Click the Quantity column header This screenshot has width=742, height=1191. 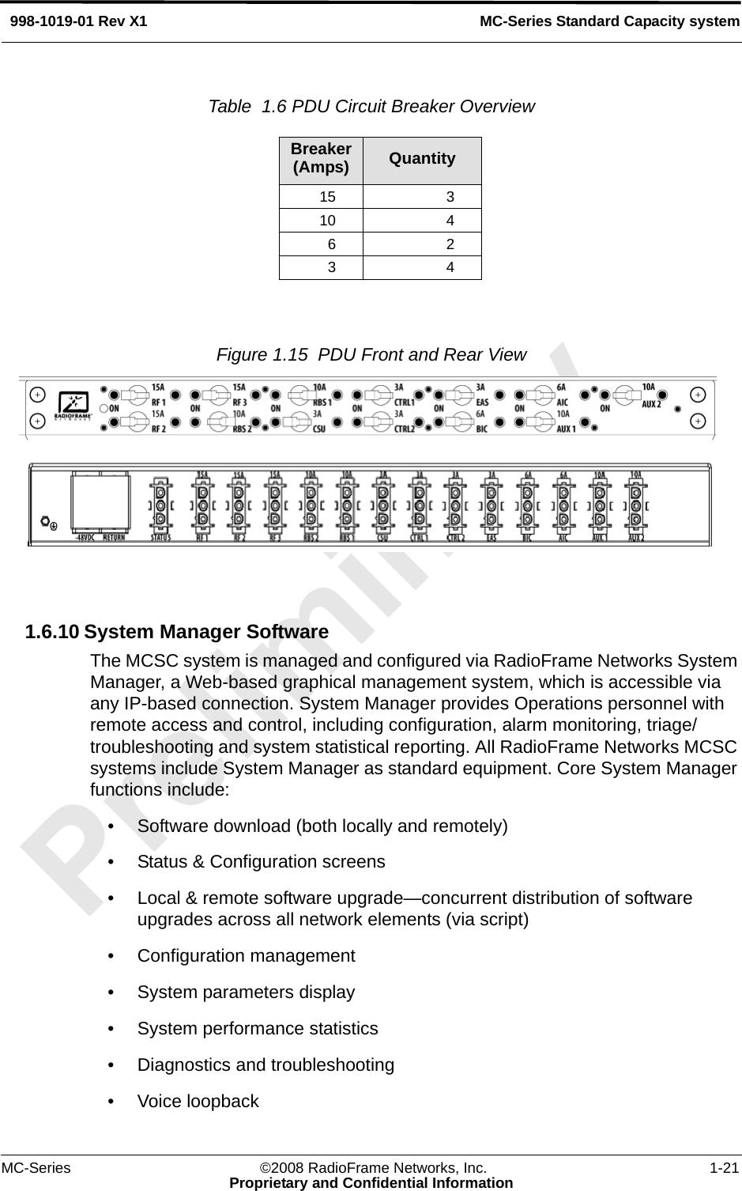422,158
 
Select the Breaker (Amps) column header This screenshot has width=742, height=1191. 321,158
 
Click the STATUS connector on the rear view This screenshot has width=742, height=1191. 160,505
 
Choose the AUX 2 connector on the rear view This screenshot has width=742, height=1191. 635,505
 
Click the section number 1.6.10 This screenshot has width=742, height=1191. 51,633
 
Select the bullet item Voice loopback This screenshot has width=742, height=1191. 198,1101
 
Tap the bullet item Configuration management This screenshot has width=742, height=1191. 246,955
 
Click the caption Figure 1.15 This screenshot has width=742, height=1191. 262,354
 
